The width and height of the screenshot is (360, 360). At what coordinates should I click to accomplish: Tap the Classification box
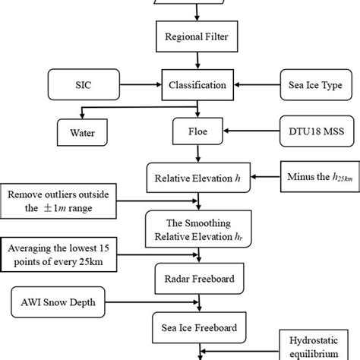(195, 85)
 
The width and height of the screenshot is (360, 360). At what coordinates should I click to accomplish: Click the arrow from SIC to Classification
(143, 85)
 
